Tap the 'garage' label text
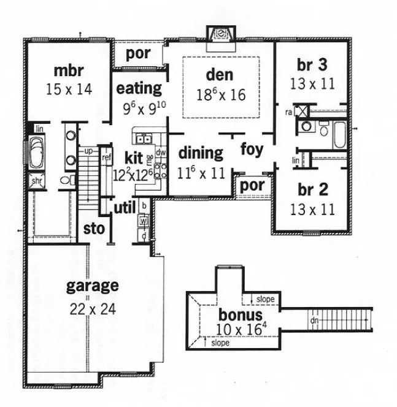coord(92,286)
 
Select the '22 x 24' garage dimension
coord(92,308)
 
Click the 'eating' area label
coord(139,88)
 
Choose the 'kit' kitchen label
coord(135,156)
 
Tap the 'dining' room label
coord(201,153)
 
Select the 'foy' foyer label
coord(252,149)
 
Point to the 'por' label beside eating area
coord(137,53)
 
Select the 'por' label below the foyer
coord(252,185)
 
